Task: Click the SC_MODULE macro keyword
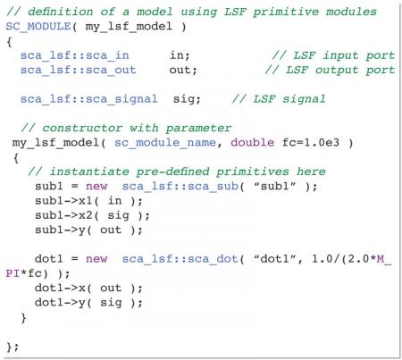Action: (x=38, y=27)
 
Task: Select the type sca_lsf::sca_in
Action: (x=74, y=55)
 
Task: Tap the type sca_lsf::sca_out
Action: (x=78, y=70)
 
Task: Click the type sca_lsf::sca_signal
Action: (x=89, y=99)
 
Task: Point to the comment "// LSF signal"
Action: (x=279, y=99)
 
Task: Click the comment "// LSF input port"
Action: (x=333, y=55)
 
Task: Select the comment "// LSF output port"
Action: (x=330, y=70)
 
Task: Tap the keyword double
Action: (x=252, y=143)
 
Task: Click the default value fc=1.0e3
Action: (x=311, y=143)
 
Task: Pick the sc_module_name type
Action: (x=165, y=143)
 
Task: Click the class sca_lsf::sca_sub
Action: (x=180, y=187)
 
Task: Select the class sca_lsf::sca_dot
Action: (x=180, y=259)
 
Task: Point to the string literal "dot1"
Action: (x=274, y=259)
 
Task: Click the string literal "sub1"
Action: (x=274, y=186)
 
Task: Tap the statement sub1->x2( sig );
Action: (x=92, y=215)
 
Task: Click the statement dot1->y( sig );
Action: (x=88, y=303)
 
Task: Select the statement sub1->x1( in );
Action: (x=88, y=201)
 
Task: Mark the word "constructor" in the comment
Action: (x=82, y=128)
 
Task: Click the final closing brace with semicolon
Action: (x=13, y=347)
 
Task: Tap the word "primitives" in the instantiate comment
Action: (x=252, y=172)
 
